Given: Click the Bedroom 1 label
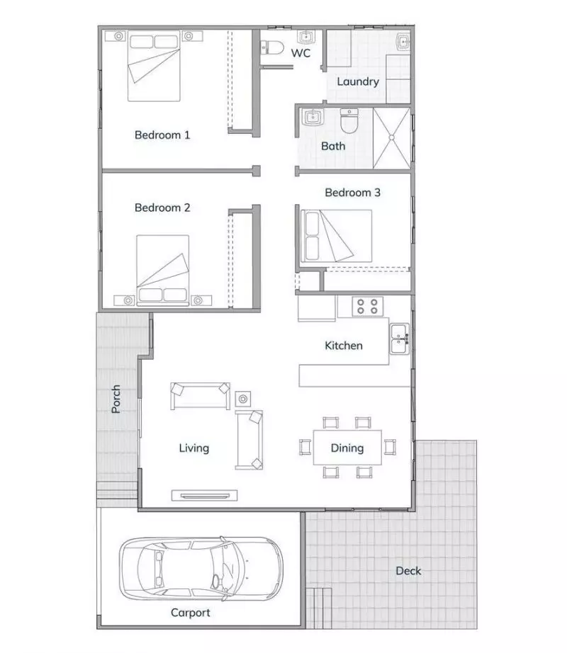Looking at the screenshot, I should (x=162, y=135).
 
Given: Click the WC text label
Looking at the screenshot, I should (x=301, y=53).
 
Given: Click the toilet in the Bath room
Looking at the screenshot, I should (x=349, y=123).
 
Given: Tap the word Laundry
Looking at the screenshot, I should (x=357, y=81).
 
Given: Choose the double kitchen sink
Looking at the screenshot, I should (x=398, y=339).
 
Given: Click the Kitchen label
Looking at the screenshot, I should (x=344, y=346).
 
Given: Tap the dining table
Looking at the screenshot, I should (x=347, y=448).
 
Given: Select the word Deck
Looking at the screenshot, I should (x=408, y=571).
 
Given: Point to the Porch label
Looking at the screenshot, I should (x=116, y=399).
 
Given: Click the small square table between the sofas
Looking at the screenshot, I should (x=244, y=398).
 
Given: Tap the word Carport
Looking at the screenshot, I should (x=191, y=613).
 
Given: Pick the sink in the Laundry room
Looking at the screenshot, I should (x=403, y=42).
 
